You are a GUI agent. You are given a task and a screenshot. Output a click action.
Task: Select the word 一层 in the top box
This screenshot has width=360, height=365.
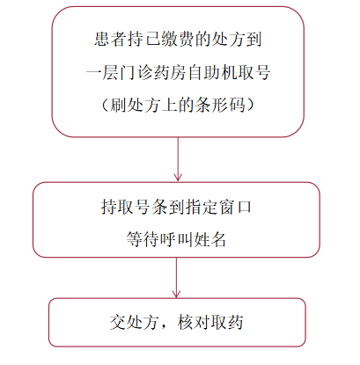pyautogui.click(x=102, y=72)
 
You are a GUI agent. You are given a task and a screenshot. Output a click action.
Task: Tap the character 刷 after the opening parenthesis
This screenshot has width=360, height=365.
pyautogui.click(x=119, y=105)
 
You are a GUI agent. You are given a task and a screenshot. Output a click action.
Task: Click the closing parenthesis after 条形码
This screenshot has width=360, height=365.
pyautogui.click(x=250, y=105)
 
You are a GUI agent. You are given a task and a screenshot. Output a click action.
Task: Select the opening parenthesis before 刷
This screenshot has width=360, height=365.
pyautogui.click(x=106, y=105)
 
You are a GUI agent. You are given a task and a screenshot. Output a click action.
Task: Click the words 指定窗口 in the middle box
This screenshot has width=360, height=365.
pyautogui.click(x=219, y=207)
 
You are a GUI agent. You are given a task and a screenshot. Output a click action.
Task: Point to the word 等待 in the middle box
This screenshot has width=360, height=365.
pyautogui.click(x=143, y=239)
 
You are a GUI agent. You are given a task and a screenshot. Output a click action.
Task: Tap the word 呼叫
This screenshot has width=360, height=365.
pyautogui.click(x=176, y=239)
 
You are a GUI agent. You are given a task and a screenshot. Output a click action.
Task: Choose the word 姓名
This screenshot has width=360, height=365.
pyautogui.click(x=209, y=239)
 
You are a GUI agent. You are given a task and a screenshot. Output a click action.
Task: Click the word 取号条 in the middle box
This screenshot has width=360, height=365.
pyautogui.click(x=135, y=207)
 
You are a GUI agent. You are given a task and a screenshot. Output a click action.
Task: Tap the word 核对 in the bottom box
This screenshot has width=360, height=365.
pyautogui.click(x=194, y=322)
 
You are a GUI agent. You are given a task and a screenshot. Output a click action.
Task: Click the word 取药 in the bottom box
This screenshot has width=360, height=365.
pyautogui.click(x=227, y=322)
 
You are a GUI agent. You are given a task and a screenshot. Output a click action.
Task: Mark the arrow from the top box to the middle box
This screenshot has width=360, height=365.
pyautogui.click(x=178, y=159)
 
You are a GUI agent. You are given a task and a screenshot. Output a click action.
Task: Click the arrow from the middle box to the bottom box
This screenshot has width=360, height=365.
pyautogui.click(x=176, y=278)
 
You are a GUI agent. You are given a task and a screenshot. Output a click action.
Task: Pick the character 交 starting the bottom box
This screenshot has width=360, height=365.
pyautogui.click(x=118, y=322)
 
